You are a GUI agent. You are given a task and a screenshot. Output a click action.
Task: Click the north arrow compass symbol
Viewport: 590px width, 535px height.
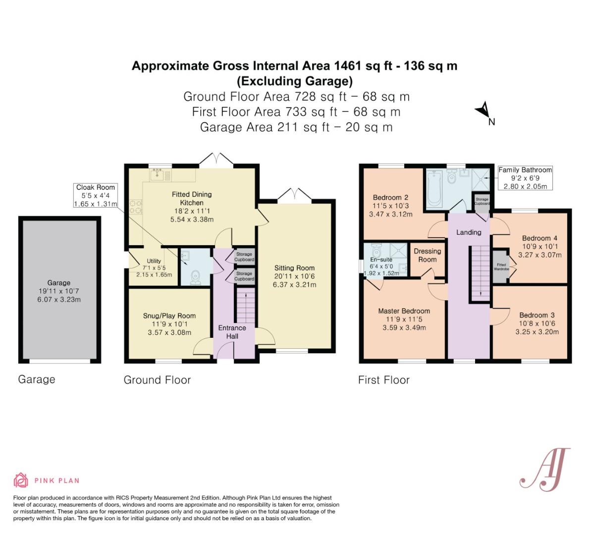point(483,110)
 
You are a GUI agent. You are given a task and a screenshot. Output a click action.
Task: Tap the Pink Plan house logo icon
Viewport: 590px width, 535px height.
point(21,480)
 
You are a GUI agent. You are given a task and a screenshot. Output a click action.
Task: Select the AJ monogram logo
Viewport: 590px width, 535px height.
point(545,470)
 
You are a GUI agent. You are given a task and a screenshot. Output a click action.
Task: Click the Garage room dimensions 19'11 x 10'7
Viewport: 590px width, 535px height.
point(58,291)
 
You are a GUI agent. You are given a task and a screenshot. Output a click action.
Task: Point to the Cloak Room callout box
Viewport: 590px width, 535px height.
point(95,195)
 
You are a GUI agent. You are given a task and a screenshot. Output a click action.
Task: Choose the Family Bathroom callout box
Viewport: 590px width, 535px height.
point(525,178)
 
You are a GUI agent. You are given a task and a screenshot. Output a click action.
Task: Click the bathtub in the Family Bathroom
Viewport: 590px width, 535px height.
point(434,188)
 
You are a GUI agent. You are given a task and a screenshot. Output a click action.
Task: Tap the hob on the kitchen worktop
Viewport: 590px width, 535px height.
point(135,207)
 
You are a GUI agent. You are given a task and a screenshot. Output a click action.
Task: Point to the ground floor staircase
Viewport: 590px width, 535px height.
point(246,305)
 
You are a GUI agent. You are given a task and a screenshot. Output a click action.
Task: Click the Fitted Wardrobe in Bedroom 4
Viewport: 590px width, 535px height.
point(501,267)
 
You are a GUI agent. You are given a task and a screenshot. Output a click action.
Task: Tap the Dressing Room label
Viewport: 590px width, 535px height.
point(428,256)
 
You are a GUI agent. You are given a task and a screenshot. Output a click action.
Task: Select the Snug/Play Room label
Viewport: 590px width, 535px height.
point(169,316)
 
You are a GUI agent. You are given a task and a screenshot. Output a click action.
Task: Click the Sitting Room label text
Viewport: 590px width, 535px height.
point(294,268)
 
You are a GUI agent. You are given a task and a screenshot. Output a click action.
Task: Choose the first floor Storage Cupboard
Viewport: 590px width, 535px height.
point(482,202)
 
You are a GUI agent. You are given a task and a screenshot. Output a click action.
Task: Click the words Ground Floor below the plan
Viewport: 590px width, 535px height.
point(157,380)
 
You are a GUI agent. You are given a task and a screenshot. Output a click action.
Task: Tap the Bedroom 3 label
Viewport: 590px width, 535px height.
point(537,315)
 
